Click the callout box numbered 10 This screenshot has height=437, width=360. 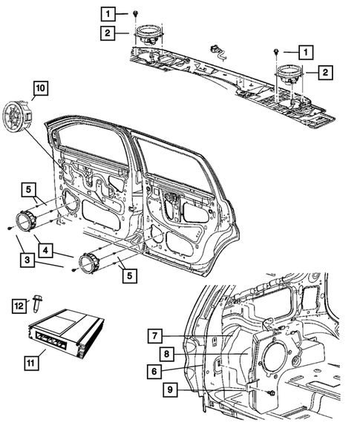(39, 90)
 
